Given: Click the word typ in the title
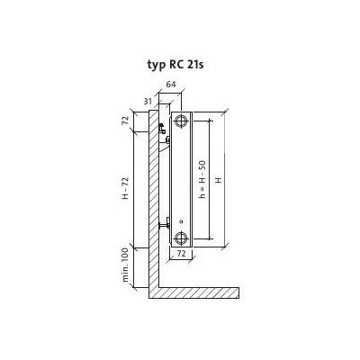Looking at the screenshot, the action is coord(156,65).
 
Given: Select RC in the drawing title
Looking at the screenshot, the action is coord(175,64).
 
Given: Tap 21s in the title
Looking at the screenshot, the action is coord(195,64).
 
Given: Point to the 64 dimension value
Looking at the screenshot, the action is coord(171,85).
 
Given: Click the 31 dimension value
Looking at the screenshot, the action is coord(148,102).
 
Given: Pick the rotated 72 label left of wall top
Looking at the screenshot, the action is coord(125,121).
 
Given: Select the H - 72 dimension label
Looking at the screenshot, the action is coord(125,187).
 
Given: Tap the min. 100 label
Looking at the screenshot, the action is coord(126,265).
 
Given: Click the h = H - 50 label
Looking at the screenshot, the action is coord(203,179).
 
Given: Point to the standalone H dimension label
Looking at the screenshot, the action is coord(219,180).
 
